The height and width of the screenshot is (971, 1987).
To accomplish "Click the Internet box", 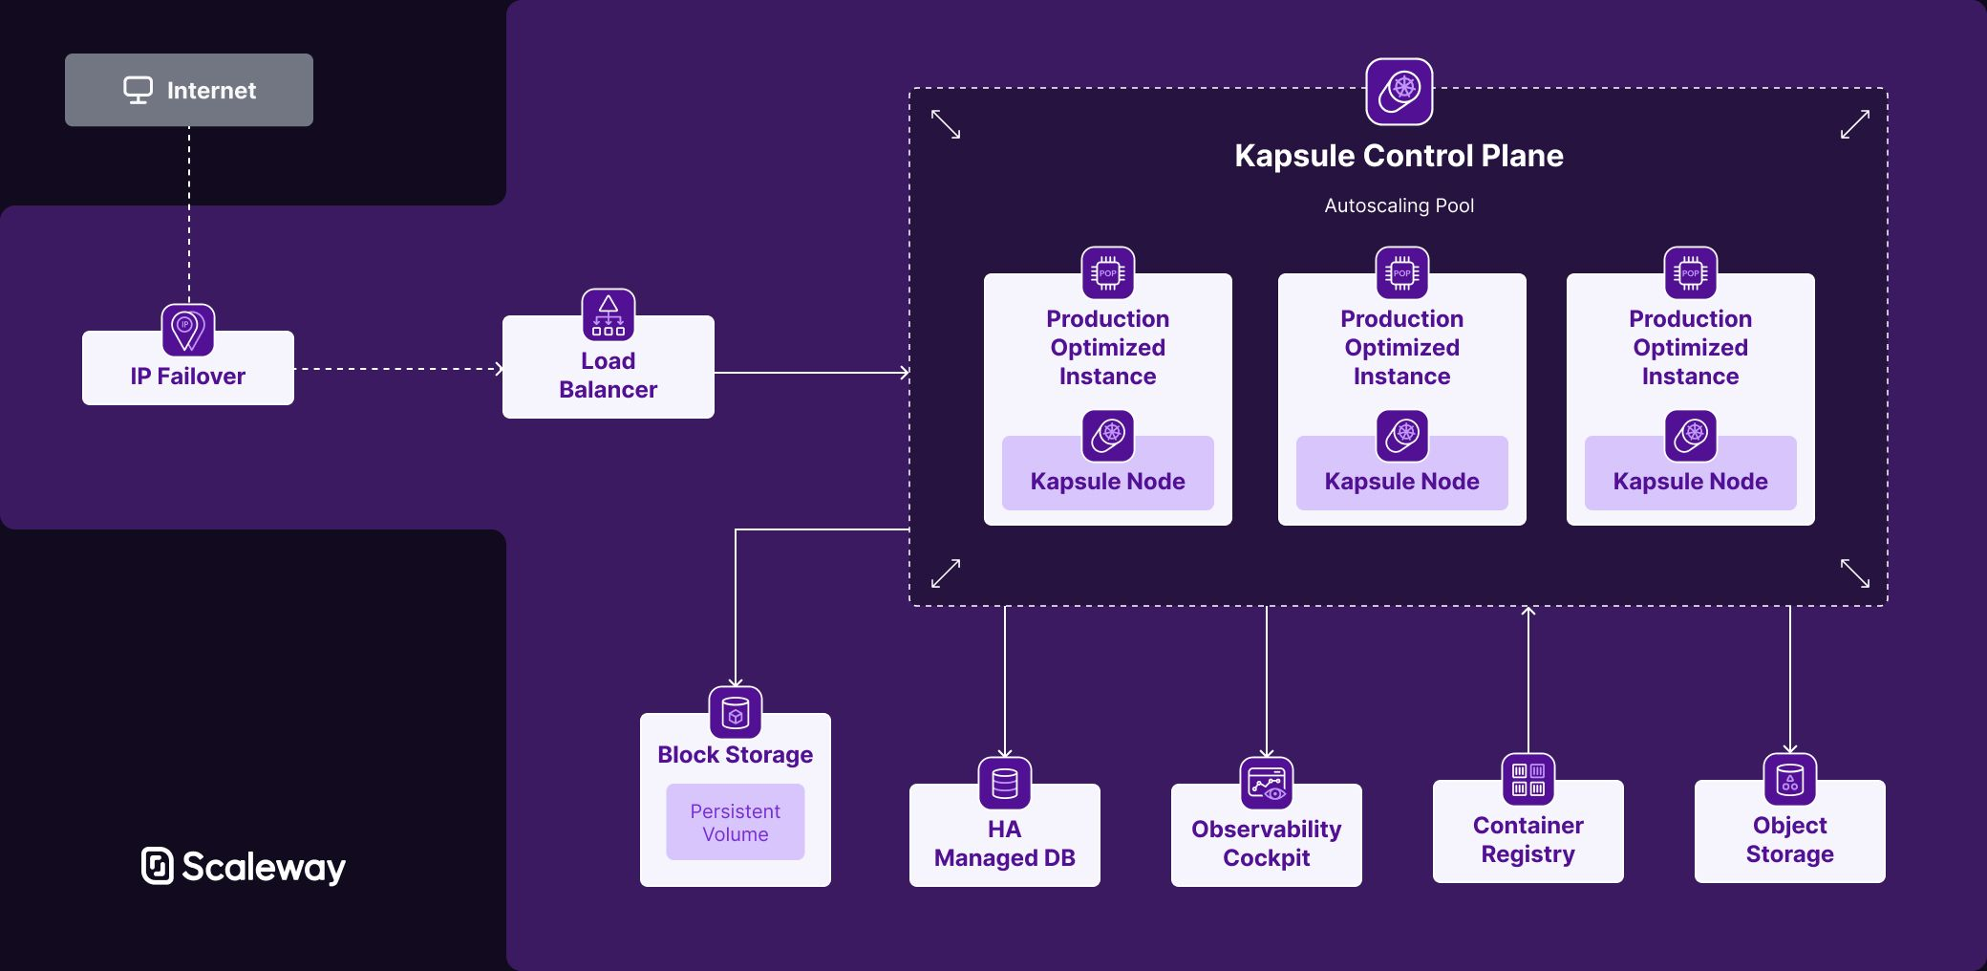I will (188, 90).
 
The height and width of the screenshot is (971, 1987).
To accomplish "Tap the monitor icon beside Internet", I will (138, 90).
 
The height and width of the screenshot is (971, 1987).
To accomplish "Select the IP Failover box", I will (187, 376).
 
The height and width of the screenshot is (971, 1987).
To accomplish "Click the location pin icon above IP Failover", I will (187, 330).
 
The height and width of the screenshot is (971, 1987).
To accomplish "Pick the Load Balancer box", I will (608, 375).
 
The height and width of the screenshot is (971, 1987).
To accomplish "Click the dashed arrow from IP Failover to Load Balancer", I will (396, 369).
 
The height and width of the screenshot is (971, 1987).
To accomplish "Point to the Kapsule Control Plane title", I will (1398, 156).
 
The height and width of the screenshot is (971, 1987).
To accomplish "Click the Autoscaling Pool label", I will (1398, 205).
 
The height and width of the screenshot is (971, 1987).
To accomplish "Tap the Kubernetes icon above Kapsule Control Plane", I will (1399, 92).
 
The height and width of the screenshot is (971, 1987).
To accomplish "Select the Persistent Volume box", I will (735, 822).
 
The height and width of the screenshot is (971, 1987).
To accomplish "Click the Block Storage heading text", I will (735, 755).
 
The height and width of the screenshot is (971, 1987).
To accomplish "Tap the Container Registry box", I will (1528, 839).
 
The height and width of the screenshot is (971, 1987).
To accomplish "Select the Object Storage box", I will (1789, 839).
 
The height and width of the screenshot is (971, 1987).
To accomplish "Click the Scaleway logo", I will (244, 866).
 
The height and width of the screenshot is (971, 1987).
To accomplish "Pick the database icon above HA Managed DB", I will (1004, 783).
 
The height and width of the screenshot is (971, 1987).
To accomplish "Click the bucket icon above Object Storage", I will (1789, 779).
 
